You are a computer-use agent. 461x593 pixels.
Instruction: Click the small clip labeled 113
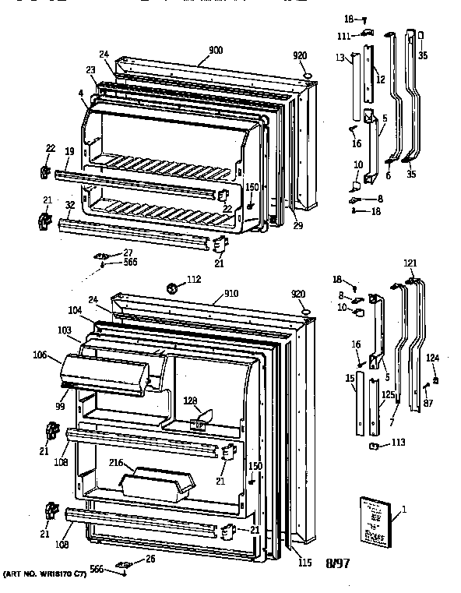click(375, 447)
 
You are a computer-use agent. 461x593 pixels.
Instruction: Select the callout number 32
click(69, 206)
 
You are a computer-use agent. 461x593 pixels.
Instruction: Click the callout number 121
click(410, 265)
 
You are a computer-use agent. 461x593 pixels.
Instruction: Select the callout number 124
click(431, 358)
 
